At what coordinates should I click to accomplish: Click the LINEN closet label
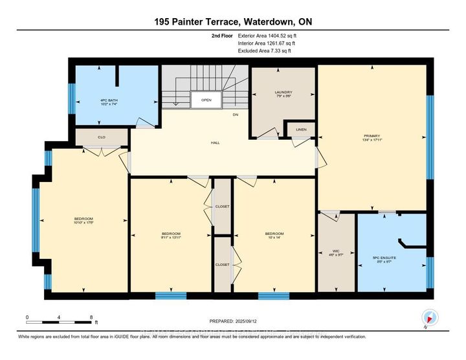(x=300, y=130)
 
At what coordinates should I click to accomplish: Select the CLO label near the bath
(x=102, y=137)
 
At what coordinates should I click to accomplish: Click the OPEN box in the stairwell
(x=206, y=100)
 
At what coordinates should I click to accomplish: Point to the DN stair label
(x=236, y=115)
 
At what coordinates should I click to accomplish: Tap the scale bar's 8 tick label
(x=92, y=317)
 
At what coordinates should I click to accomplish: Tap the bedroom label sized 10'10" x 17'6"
(x=83, y=220)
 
